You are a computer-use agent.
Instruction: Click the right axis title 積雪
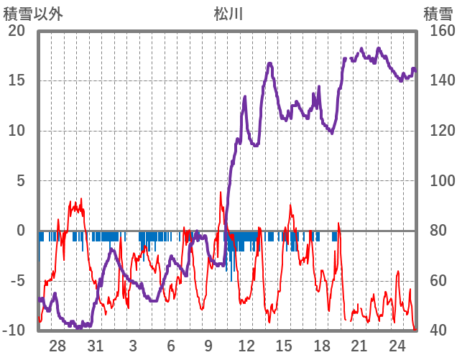click(437, 13)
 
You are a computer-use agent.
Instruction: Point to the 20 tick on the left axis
click(17, 31)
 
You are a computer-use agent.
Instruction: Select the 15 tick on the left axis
click(17, 80)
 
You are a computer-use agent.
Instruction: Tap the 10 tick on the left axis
click(17, 131)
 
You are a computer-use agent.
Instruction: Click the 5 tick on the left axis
click(20, 180)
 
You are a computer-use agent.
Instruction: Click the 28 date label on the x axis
click(57, 345)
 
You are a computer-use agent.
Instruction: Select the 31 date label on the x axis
click(95, 345)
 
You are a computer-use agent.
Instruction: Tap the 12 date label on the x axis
click(246, 345)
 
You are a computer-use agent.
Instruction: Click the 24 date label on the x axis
click(397, 345)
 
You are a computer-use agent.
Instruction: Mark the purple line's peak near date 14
click(270, 64)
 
